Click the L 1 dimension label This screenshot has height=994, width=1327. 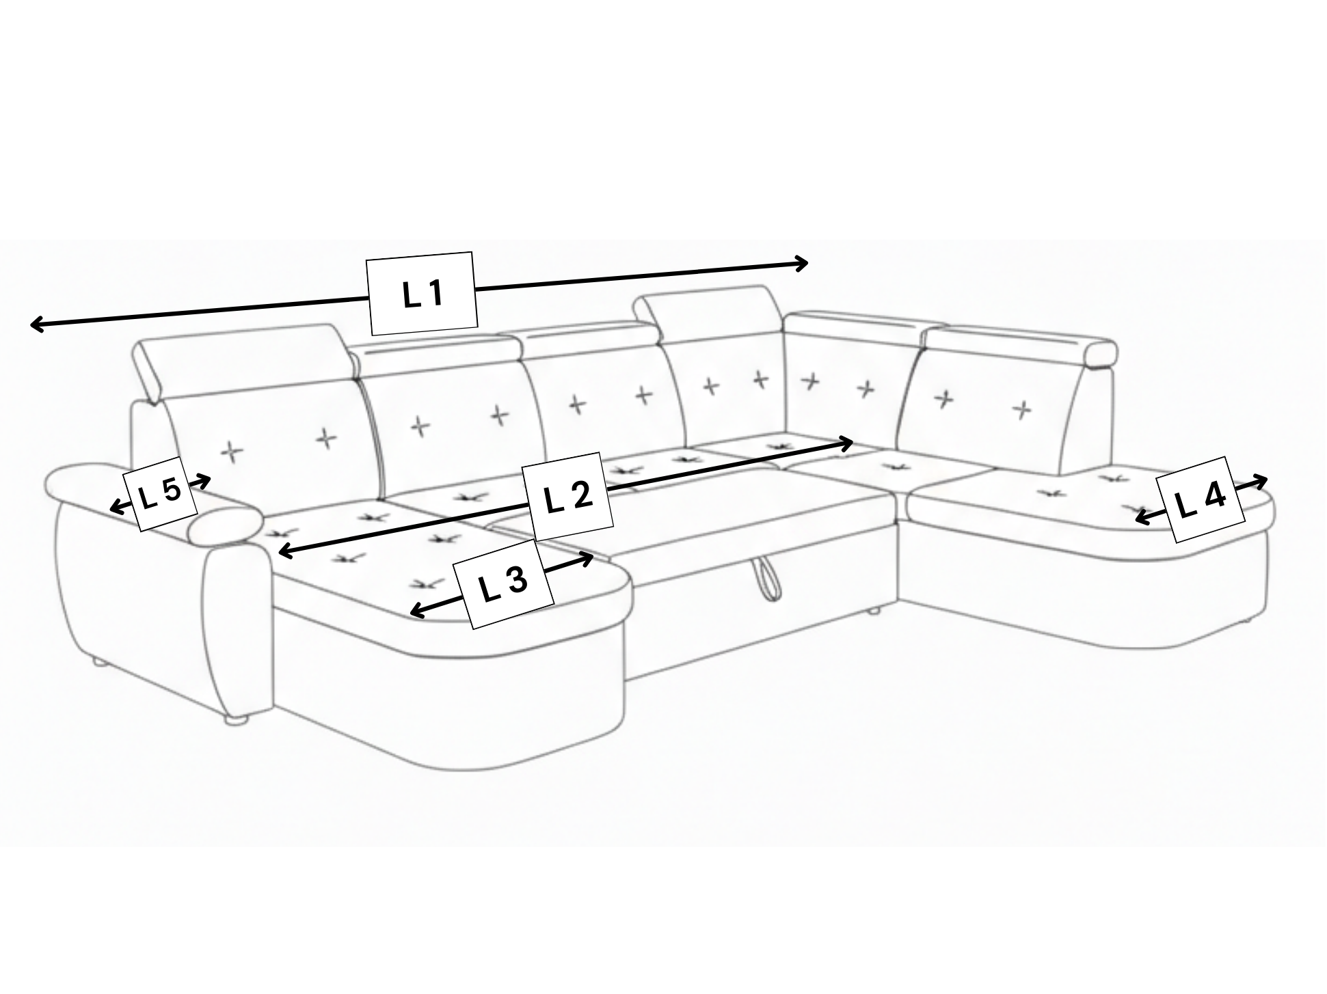pos(423,294)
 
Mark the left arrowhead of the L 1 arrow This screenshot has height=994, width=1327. pos(38,325)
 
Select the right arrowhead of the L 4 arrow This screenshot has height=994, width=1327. pos(1261,481)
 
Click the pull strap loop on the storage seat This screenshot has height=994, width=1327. pos(765,578)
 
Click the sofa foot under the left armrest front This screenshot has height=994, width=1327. pos(234,719)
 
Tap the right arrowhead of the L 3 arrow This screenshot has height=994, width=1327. pos(586,560)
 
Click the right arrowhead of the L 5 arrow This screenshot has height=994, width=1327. pos(204,480)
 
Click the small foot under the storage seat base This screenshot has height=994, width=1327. pos(873,611)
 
